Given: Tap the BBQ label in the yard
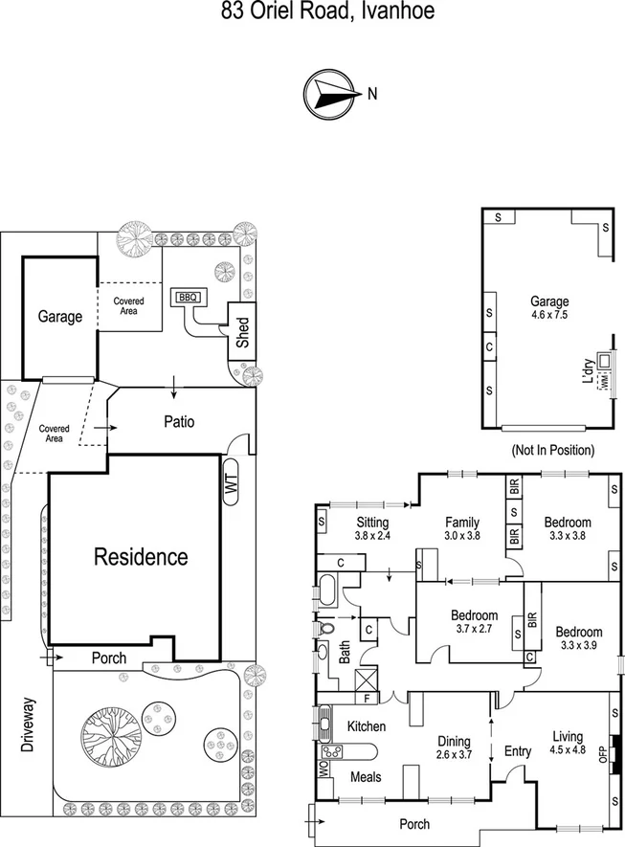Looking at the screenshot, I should (x=186, y=298).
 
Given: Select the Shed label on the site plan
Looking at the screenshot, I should (x=243, y=332).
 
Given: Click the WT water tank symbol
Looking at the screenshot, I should (x=231, y=485).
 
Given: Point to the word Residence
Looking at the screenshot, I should (x=140, y=556).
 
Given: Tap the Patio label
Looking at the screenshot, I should (x=179, y=421).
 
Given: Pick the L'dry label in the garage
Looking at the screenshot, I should (x=588, y=369).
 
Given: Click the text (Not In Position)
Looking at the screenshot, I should (x=553, y=450).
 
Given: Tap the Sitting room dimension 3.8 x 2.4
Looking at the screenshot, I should (x=372, y=537).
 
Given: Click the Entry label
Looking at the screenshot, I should (x=517, y=751).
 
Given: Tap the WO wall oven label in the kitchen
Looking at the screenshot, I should (x=323, y=769).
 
